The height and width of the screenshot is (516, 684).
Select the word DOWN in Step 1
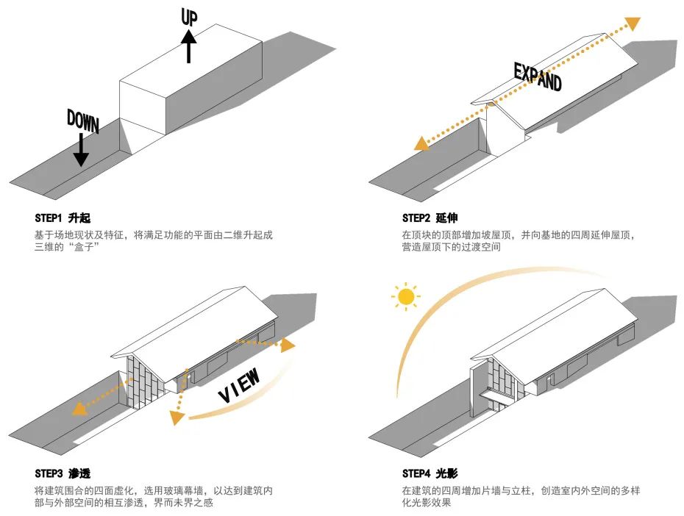pos(82,121)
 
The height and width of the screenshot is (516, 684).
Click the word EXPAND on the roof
pos(537,76)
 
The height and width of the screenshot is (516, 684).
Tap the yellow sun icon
pos(405,297)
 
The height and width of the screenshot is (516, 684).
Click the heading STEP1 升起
pos(62,218)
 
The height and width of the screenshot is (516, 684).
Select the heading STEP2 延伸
pos(430,218)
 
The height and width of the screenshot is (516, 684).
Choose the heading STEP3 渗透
pos(62,473)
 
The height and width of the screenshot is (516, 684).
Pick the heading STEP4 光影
pos(430,473)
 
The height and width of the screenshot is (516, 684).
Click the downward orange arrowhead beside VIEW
pos(176,418)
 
